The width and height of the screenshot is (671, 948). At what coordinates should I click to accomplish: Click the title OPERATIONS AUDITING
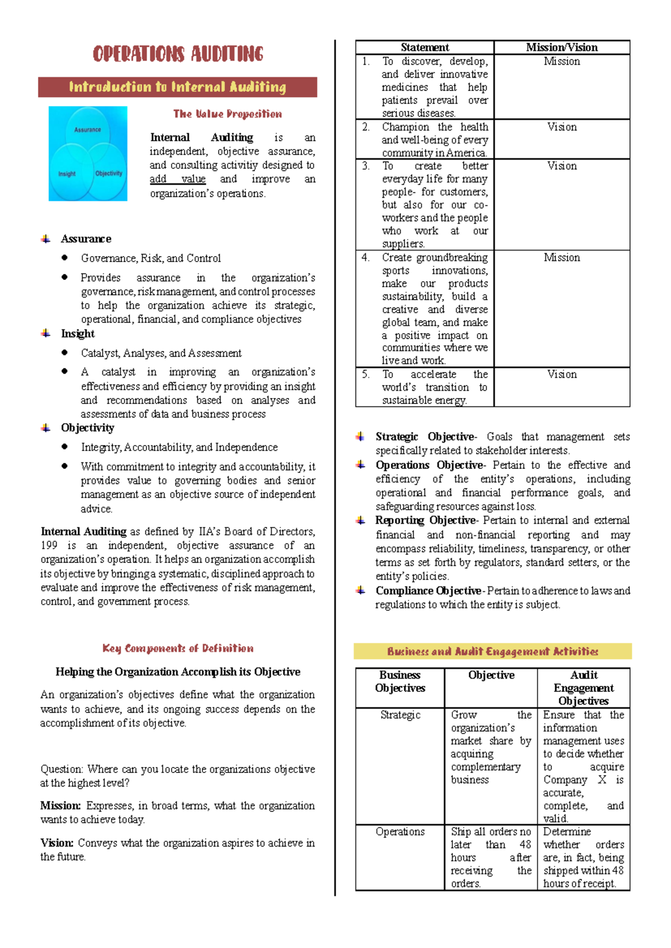pyautogui.click(x=178, y=54)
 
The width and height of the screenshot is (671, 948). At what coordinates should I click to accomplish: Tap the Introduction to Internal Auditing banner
pyautogui.click(x=178, y=87)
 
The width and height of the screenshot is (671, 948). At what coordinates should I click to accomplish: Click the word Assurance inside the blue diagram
pyautogui.click(x=88, y=130)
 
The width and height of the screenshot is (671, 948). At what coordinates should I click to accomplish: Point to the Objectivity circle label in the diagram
pyautogui.click(x=108, y=173)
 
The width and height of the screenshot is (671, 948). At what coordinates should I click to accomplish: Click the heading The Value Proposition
pyautogui.click(x=228, y=114)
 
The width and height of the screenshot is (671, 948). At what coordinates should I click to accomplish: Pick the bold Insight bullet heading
pyautogui.click(x=78, y=334)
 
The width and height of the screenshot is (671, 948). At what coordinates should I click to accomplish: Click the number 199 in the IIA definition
pyautogui.click(x=49, y=546)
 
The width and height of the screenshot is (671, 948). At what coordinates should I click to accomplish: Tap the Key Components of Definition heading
pyautogui.click(x=178, y=648)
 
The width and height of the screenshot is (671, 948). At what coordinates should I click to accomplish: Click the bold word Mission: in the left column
pyautogui.click(x=60, y=805)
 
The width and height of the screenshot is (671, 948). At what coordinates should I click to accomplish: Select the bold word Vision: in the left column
pyautogui.click(x=57, y=843)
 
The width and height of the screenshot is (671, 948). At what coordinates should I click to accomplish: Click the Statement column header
pyautogui.click(x=424, y=48)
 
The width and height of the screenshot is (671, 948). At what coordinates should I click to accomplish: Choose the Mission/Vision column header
pyautogui.click(x=561, y=48)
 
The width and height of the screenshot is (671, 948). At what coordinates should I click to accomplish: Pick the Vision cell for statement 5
pyautogui.click(x=561, y=375)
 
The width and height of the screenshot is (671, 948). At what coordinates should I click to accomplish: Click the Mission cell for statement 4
pyautogui.click(x=561, y=258)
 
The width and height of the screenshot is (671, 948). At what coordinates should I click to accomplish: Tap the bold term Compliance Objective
pyautogui.click(x=428, y=591)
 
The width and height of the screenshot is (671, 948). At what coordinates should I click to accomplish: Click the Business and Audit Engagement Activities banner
pyautogui.click(x=493, y=652)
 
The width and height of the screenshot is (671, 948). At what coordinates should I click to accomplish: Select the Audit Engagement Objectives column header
pyautogui.click(x=583, y=688)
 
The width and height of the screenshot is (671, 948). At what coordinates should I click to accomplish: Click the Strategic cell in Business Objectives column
pyautogui.click(x=400, y=715)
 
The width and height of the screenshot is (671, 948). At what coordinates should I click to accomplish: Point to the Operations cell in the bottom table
pyautogui.click(x=400, y=832)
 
